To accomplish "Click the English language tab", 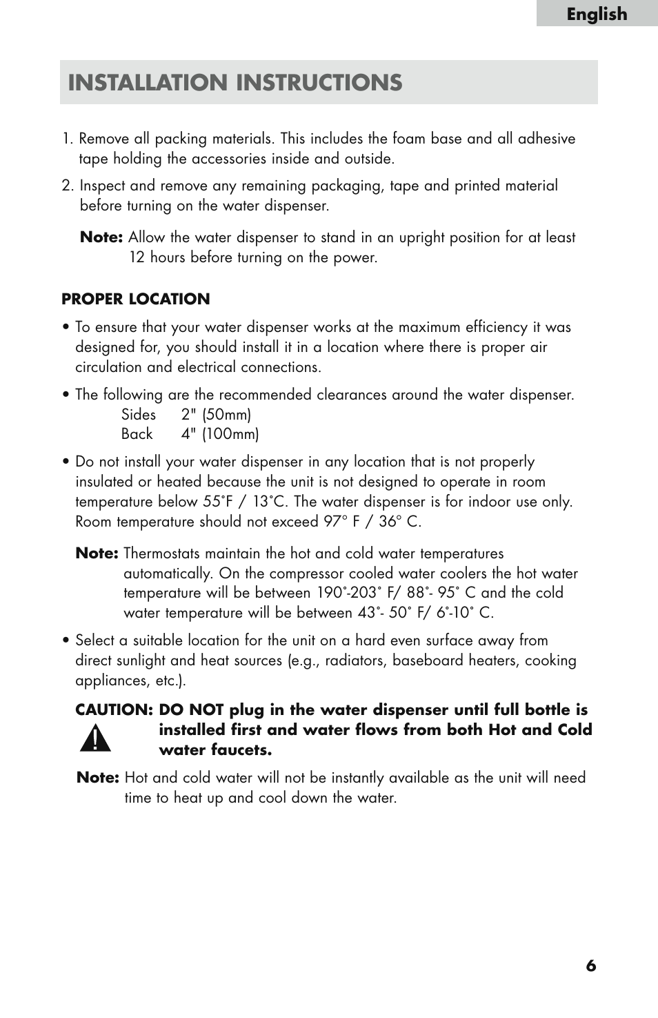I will coord(597,14).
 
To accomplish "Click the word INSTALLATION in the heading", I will coord(148,83).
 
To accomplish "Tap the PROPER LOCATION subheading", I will coord(136,299).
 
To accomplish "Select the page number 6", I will coord(591,966).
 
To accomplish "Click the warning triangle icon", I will coord(94,739).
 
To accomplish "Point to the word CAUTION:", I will coord(114,710).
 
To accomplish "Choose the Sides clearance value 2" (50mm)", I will coord(216,415).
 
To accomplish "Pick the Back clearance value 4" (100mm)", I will coord(220,434).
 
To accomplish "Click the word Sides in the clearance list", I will coord(139,415).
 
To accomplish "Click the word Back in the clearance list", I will coord(137,434).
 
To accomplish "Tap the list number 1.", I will coord(66,139).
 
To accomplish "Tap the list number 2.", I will coord(66,186).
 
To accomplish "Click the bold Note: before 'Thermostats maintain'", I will coord(97,554).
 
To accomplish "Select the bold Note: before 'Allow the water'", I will coord(101,237).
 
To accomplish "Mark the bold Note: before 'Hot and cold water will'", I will coord(98,778).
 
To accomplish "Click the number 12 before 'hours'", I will coord(137,257).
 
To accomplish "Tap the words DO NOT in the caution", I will coord(191,710).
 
